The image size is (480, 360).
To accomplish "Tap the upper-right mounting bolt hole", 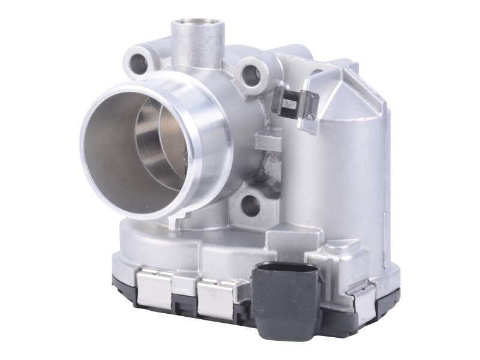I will (251, 74).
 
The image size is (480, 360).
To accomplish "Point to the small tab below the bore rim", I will (175, 223).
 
